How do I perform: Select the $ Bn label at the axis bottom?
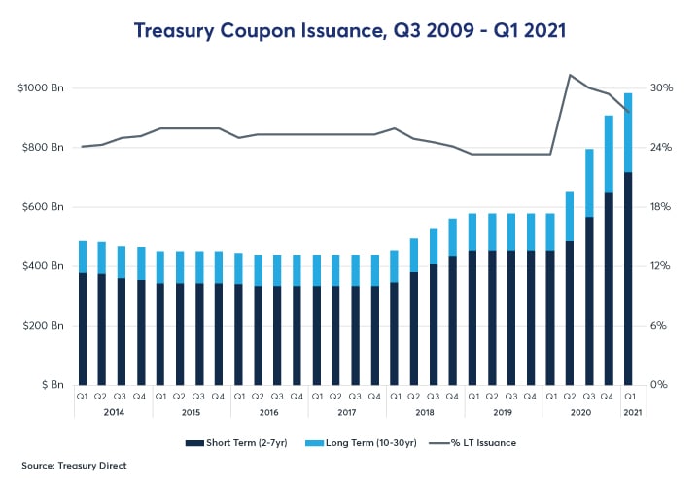point(48,385)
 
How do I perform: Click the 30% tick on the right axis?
point(661,88)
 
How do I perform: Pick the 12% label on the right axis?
point(661,266)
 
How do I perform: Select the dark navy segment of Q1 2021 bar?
point(628,282)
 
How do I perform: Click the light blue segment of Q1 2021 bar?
point(628,132)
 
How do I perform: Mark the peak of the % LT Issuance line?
point(570,75)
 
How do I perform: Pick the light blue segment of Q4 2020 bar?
point(609,154)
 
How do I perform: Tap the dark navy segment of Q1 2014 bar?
point(83,330)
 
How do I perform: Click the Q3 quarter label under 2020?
point(589,397)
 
